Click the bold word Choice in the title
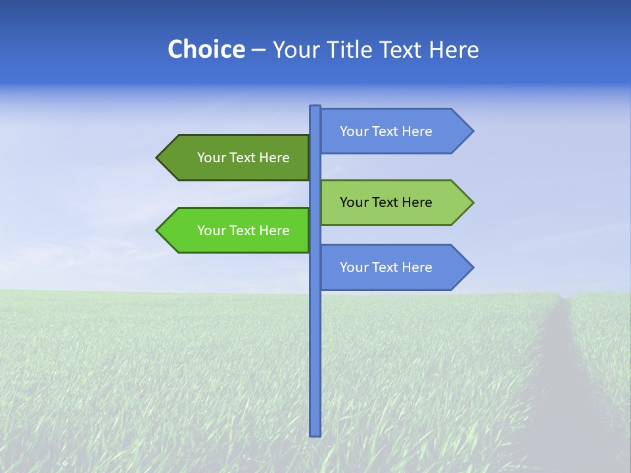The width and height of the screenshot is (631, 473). [206, 50]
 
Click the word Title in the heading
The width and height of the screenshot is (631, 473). [357, 50]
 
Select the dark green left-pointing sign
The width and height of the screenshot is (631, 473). [237, 158]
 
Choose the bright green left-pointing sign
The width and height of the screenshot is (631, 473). [237, 231]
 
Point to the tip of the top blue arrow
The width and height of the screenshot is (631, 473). [473, 131]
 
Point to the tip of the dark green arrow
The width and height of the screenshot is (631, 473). [157, 158]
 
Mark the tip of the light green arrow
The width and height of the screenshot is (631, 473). [473, 202]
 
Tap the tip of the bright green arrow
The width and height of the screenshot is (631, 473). [157, 231]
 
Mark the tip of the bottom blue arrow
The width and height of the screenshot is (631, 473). [473, 267]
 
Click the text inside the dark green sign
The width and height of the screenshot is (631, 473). [243, 158]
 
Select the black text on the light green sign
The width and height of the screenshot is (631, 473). [386, 202]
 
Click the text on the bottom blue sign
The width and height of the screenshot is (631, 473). [386, 267]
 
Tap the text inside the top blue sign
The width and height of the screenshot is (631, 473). [386, 131]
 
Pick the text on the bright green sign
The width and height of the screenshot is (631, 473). [243, 231]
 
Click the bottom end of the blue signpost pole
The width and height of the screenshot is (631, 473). [315, 434]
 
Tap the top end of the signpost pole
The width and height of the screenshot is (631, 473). [315, 107]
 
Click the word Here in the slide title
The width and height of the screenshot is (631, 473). [454, 50]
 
